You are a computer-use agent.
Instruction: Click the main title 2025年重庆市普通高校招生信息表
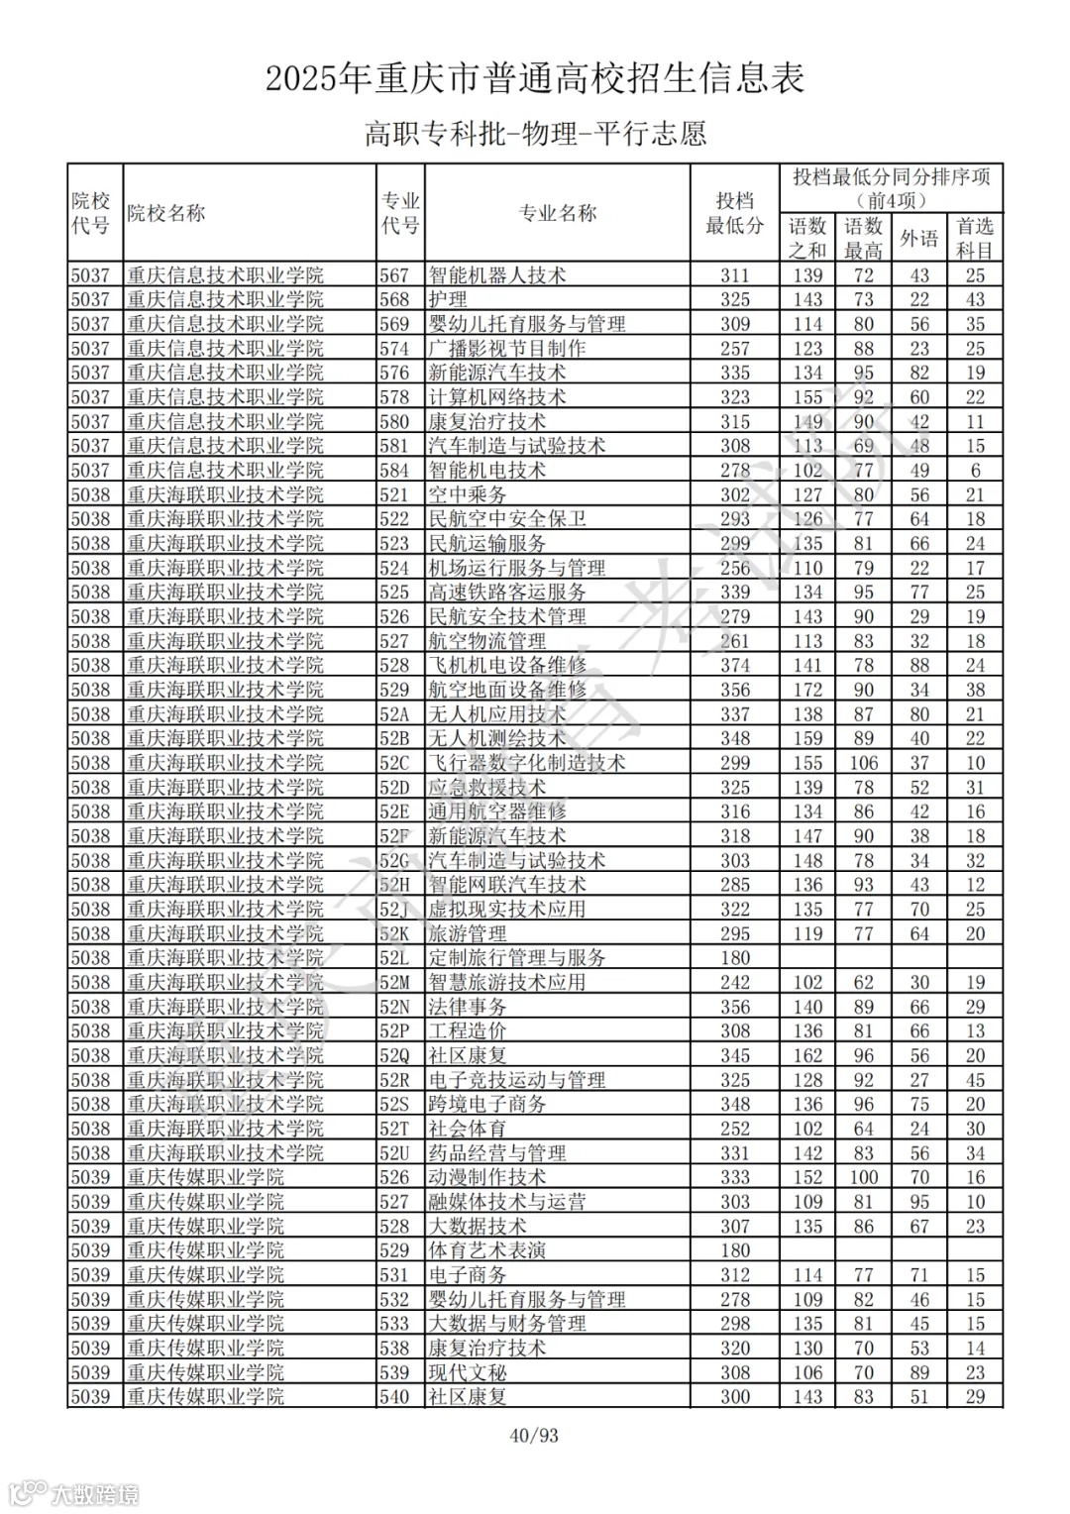coord(534,78)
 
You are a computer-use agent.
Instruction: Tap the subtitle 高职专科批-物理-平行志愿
coord(534,134)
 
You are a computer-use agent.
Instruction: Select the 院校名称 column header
coord(165,213)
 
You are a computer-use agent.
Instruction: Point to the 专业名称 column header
coord(558,213)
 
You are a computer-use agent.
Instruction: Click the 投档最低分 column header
coord(734,213)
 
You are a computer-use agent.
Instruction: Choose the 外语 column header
coord(918,239)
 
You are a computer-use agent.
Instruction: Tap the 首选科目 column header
coord(975,239)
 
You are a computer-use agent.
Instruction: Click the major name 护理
coord(448,299)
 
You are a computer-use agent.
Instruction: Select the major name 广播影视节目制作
coord(506,349)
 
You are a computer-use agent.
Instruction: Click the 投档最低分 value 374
coord(734,666)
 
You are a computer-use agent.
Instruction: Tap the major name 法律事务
coord(467,1007)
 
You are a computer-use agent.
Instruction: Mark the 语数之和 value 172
coord(807,690)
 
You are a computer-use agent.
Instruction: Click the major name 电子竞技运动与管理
coord(516,1080)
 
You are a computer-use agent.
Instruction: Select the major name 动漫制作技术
coord(486,1177)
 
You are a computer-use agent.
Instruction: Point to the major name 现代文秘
coord(467,1372)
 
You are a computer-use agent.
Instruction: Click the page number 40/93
coord(534,1434)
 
